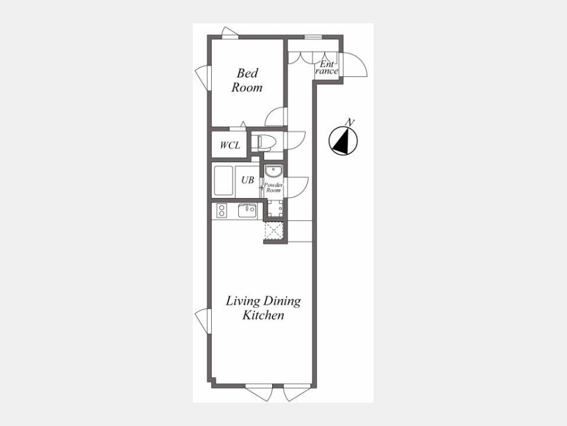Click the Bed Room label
(247, 80)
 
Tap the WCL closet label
(230, 145)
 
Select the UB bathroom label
(248, 180)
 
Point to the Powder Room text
(273, 187)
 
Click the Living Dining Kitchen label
(263, 308)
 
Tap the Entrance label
(326, 68)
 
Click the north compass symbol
(343, 141)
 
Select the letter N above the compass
(350, 122)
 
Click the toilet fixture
(263, 143)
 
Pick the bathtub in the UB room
(224, 180)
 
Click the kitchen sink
(247, 210)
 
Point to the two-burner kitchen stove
(221, 211)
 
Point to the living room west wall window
(203, 321)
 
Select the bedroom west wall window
(203, 78)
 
